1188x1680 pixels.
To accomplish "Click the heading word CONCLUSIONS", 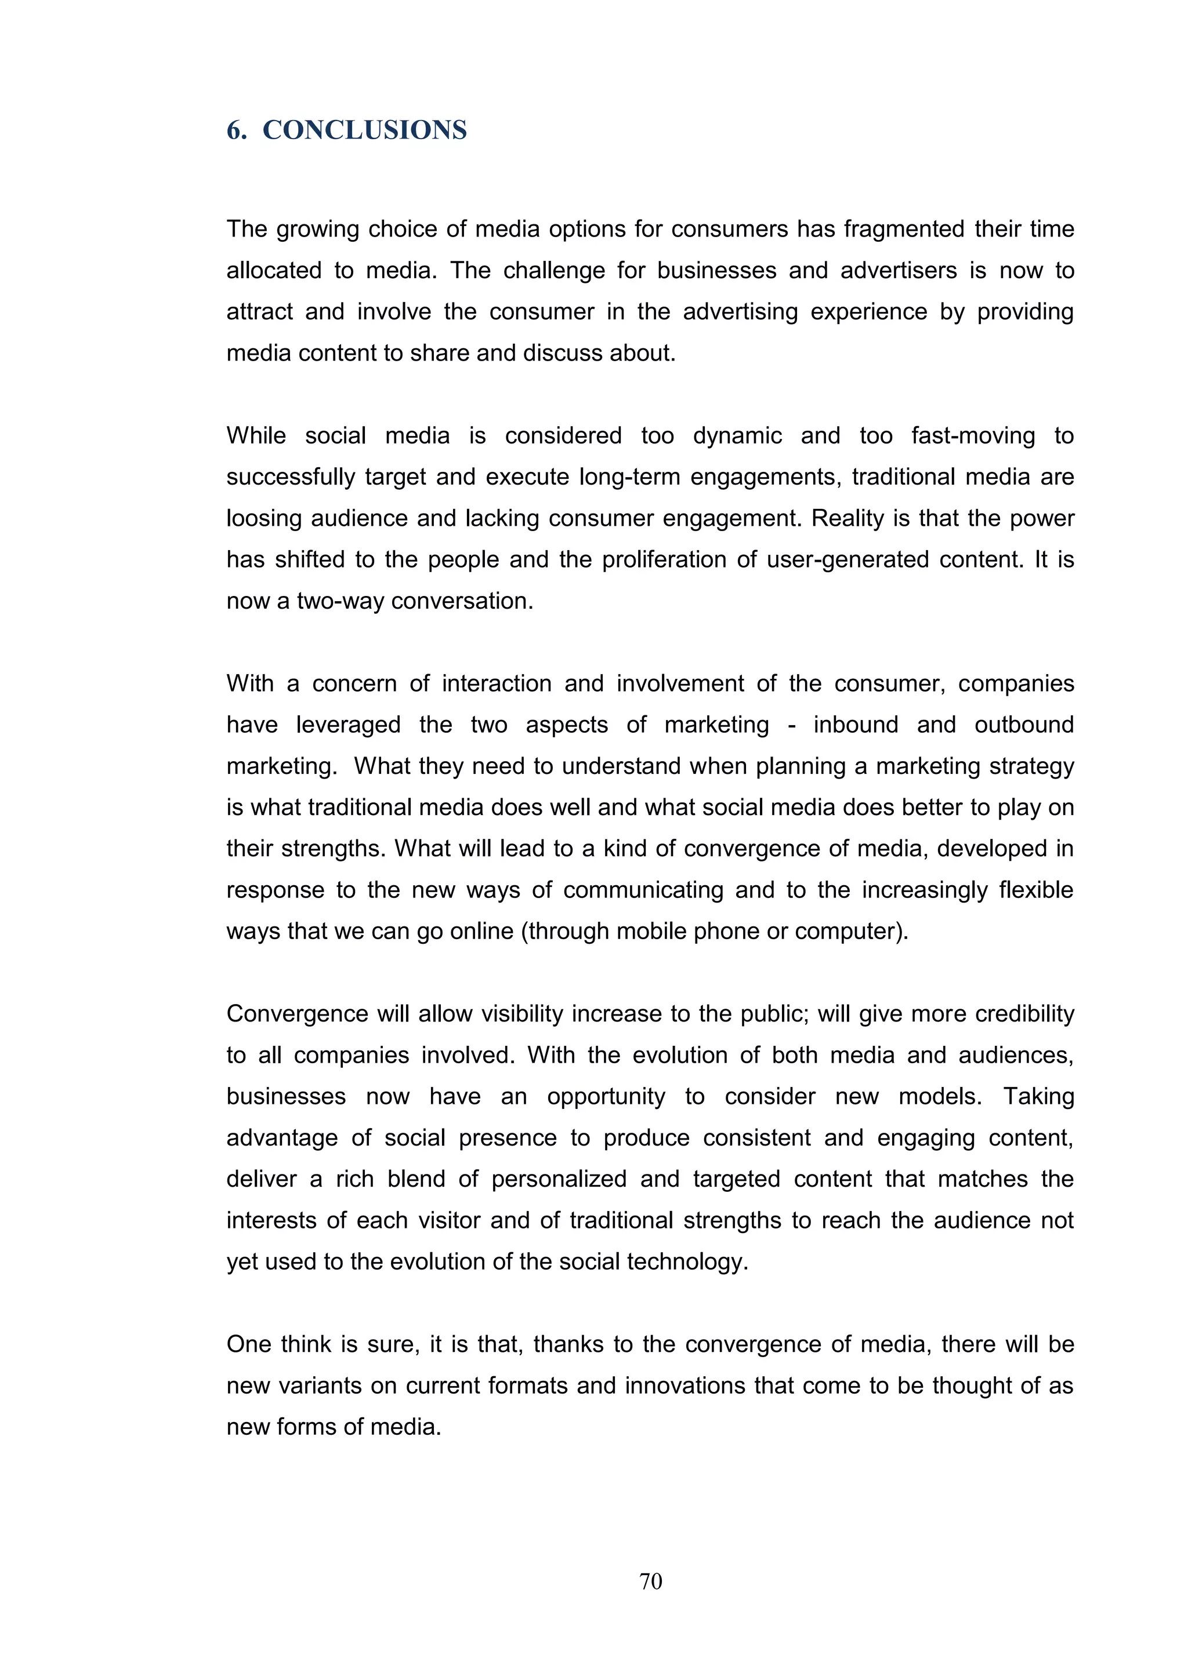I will [x=364, y=130].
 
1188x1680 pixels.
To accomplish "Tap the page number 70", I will [x=650, y=1581].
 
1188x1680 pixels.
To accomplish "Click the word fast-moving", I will [x=972, y=435].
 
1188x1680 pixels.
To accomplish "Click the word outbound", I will [x=1023, y=725].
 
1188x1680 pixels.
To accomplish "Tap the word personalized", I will [x=559, y=1180].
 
